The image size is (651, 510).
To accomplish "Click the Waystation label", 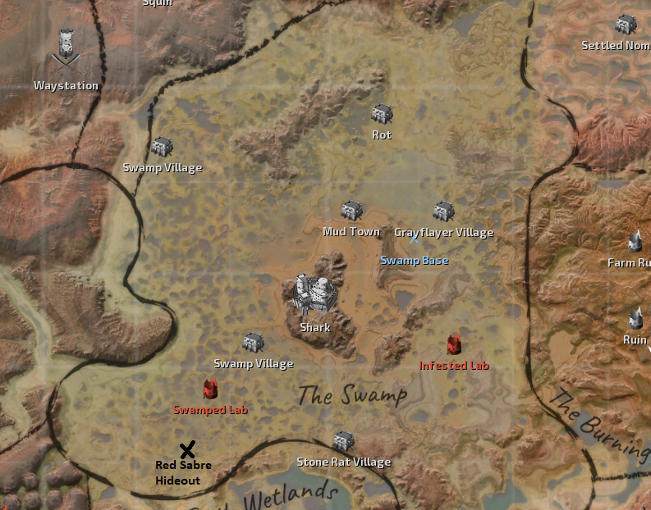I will click(66, 86).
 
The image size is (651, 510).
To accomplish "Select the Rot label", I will click(382, 135).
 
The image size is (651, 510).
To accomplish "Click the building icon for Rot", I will click(382, 114).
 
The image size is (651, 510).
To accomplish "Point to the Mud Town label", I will click(351, 232).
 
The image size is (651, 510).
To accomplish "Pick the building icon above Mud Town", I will click(352, 211).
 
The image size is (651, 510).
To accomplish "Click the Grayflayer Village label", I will click(444, 233).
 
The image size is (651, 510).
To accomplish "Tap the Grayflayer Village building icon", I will click(444, 211).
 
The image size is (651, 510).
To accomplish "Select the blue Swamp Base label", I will click(415, 261).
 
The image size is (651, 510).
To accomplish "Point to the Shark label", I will click(315, 328).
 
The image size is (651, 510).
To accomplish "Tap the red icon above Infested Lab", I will click(453, 345).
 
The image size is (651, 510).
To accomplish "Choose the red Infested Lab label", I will click(454, 366).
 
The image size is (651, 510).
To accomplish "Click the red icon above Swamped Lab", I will click(210, 388).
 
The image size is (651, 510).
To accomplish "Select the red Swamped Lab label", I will click(210, 409).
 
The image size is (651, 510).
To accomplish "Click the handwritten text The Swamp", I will click(352, 396).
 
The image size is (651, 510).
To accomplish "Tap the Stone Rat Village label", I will click(343, 462).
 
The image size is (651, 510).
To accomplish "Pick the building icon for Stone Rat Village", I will click(343, 441).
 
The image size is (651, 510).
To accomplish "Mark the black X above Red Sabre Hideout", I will click(187, 449).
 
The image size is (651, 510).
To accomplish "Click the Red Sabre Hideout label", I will click(183, 473).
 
